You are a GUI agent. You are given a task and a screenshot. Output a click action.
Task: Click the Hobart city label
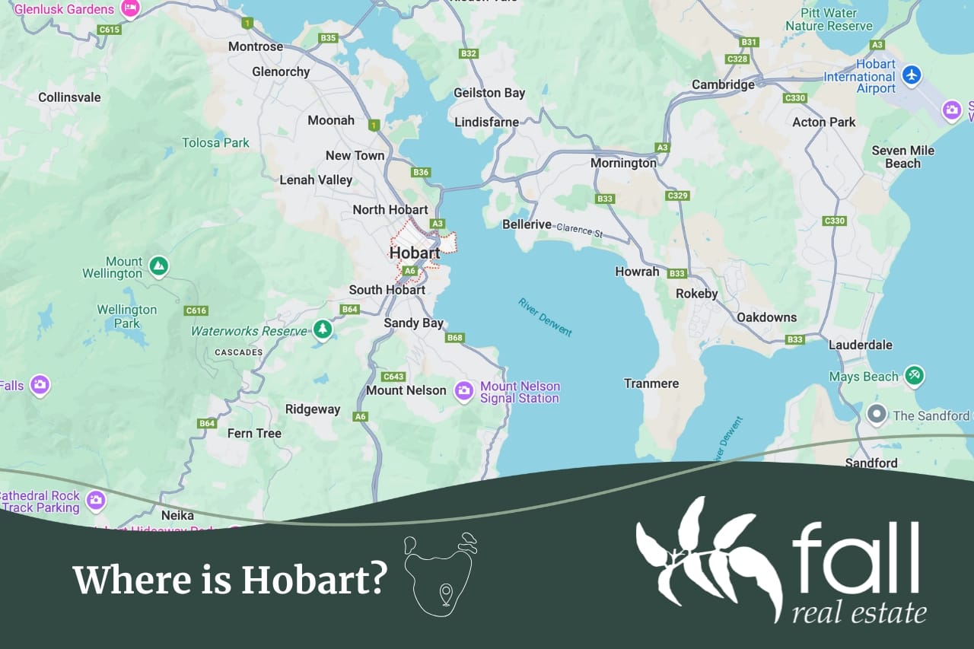click(x=415, y=253)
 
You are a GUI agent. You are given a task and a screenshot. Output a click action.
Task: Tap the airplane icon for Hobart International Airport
click(x=912, y=75)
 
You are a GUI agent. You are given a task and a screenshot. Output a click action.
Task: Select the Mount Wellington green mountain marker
click(x=158, y=266)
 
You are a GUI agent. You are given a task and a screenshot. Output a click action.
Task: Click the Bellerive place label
click(x=527, y=224)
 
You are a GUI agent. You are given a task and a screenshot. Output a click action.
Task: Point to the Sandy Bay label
click(x=413, y=323)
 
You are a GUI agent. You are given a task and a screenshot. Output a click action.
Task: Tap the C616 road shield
click(x=196, y=310)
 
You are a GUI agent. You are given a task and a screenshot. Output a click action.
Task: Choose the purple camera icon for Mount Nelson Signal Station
click(x=464, y=391)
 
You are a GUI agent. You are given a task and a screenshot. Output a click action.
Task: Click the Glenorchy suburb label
click(x=281, y=72)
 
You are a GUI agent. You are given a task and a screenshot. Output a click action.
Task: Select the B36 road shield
click(x=421, y=172)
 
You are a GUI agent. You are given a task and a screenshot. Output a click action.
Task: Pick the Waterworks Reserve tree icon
click(x=323, y=329)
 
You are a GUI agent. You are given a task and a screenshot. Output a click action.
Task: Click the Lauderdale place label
click(x=860, y=345)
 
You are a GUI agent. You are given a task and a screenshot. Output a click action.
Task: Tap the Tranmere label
click(x=651, y=383)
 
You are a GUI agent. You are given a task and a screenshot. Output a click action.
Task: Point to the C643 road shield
click(x=393, y=377)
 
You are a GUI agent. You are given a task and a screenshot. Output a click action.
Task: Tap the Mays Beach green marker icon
click(x=914, y=375)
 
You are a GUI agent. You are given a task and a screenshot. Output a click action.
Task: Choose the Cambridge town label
click(x=723, y=84)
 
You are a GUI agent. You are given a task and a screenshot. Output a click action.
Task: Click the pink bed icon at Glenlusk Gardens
click(x=130, y=8)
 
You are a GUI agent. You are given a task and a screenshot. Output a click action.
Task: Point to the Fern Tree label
click(x=254, y=434)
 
